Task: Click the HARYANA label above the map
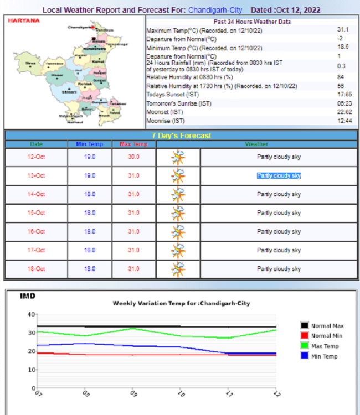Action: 24,20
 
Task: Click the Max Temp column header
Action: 133,144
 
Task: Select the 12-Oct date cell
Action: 36,157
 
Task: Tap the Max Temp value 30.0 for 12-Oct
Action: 133,157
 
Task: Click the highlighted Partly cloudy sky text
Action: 279,176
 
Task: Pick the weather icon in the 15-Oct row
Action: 178,213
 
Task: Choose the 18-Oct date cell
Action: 36,269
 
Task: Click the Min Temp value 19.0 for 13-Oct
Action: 90,176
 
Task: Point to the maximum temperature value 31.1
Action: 343,29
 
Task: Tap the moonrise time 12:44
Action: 344,121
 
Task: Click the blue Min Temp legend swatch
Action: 305,356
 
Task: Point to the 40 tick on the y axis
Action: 31,314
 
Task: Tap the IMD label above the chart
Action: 28,297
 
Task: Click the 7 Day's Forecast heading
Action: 181,136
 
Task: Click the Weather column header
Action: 256,144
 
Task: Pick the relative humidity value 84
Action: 341,77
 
